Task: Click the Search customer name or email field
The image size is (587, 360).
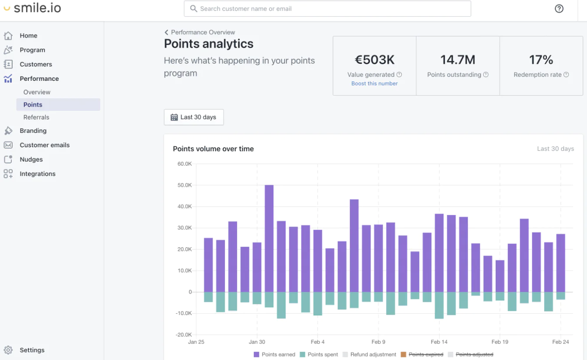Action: point(328,9)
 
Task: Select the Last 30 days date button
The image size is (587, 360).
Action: point(193,117)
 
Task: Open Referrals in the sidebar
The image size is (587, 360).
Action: point(36,117)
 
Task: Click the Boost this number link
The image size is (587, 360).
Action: point(374,83)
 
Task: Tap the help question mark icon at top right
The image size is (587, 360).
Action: point(559,9)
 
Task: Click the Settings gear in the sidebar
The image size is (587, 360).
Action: point(8,350)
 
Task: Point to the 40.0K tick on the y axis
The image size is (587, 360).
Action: point(184,207)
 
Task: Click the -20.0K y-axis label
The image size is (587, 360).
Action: point(183,335)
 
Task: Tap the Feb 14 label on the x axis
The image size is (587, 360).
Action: point(439,342)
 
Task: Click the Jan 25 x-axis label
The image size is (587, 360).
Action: point(196,342)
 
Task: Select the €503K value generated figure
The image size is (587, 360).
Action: point(374,59)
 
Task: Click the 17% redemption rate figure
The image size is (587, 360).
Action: point(541,59)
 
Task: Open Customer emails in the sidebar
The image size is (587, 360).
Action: point(45,145)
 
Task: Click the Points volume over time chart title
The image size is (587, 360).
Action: point(213,149)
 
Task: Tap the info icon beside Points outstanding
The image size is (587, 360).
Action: point(486,75)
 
